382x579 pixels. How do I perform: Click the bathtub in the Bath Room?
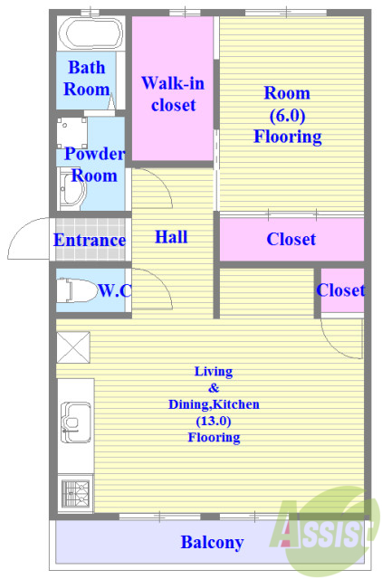pyautogui.click(x=91, y=33)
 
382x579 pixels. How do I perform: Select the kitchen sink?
pyautogui.click(x=75, y=422)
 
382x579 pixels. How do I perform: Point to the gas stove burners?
pyautogui.click(x=75, y=493)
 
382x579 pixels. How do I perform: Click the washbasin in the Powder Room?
pyautogui.click(x=72, y=189)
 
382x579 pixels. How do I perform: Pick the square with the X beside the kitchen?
pyautogui.click(x=73, y=347)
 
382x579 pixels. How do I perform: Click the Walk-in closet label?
pyautogui.click(x=173, y=94)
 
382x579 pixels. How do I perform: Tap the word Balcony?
pyautogui.click(x=212, y=542)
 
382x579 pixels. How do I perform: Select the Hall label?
pyautogui.click(x=171, y=237)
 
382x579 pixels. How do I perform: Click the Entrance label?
pyautogui.click(x=90, y=240)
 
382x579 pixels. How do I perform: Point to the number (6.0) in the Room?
pyautogui.click(x=287, y=115)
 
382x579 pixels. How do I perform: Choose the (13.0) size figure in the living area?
pyautogui.click(x=213, y=421)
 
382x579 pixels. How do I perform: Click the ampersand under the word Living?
pyautogui.click(x=214, y=388)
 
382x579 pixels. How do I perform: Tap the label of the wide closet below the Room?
pyautogui.click(x=291, y=239)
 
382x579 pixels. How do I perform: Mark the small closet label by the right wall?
pyautogui.click(x=340, y=290)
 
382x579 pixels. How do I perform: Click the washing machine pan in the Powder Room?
pyautogui.click(x=72, y=133)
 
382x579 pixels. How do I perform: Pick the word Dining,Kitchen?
pyautogui.click(x=214, y=404)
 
